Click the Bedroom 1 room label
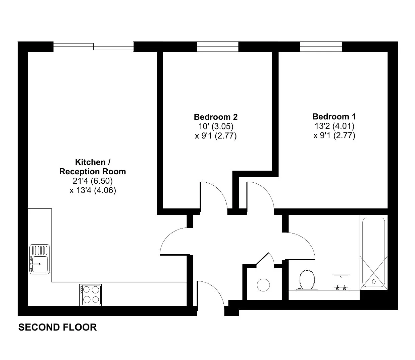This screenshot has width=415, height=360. [334, 117]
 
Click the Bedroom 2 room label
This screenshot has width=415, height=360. [216, 117]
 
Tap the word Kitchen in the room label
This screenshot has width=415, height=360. [90, 162]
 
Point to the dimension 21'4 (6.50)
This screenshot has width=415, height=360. [93, 181]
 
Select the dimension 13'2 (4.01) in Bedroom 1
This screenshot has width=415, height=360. [334, 126]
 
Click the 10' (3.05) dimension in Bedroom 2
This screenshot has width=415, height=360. [216, 126]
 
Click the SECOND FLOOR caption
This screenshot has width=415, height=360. [58, 327]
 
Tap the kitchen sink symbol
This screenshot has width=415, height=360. [39, 259]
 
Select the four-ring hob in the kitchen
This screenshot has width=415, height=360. [90, 294]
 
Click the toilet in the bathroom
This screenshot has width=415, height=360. [307, 280]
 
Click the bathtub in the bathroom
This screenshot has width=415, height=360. [374, 253]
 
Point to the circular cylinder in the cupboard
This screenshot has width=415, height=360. [263, 285]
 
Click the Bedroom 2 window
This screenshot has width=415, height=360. [217, 47]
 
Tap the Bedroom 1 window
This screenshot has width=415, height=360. [321, 47]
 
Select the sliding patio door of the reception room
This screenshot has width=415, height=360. [93, 47]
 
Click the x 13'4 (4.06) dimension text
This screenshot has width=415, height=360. [93, 190]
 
